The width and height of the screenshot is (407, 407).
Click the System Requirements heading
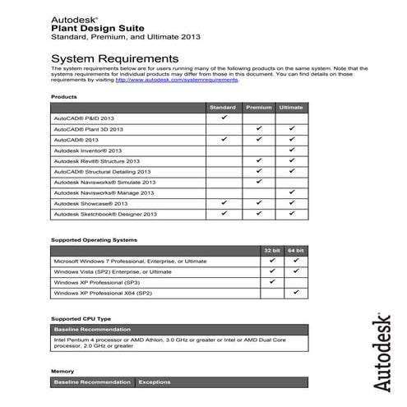tap(114, 59)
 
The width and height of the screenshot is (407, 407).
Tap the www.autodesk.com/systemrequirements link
tap(177, 80)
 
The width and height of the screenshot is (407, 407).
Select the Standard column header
tap(223, 108)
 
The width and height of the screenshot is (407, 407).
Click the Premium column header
tap(258, 108)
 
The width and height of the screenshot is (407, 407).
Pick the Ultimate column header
tap(291, 108)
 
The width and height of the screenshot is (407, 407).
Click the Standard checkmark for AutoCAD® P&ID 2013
tap(224, 118)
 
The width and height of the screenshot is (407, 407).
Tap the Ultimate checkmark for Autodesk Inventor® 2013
tap(291, 150)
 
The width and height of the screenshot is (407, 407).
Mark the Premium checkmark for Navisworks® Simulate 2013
tap(258, 181)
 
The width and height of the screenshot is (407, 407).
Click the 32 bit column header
tap(272, 250)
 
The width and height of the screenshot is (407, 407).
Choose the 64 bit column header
tap(296, 250)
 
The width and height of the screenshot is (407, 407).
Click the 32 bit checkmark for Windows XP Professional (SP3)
tap(272, 281)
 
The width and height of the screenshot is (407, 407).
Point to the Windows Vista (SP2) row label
tap(113, 271)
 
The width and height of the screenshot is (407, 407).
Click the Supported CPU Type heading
tap(80, 317)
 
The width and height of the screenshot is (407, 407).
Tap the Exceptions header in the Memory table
tap(154, 382)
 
